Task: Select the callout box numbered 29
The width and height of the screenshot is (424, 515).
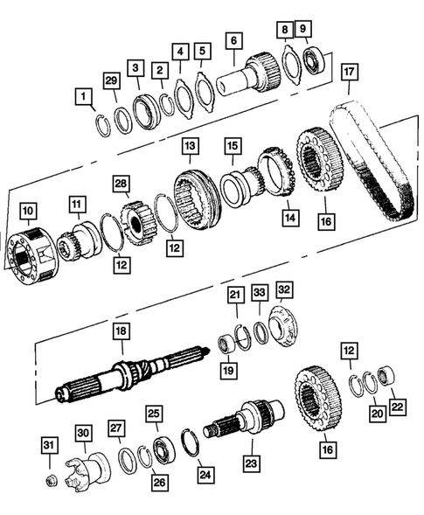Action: (111, 80)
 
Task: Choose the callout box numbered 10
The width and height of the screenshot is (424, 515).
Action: (28, 211)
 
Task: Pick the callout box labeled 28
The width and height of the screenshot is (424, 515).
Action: (121, 184)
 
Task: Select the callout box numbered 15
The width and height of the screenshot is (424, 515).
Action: (232, 145)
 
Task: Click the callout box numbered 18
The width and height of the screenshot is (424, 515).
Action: (121, 332)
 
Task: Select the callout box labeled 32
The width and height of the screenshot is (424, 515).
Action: (284, 289)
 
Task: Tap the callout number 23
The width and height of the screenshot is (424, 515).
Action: (251, 464)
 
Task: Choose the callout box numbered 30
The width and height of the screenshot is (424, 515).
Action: (83, 433)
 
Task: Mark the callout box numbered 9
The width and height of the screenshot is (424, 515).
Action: (302, 30)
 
